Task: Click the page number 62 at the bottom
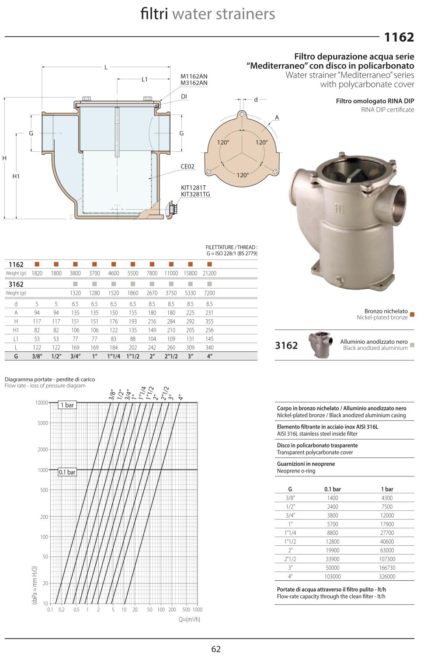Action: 216,649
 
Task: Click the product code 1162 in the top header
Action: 399,37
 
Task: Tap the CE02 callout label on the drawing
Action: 187,167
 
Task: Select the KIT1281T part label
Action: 193,188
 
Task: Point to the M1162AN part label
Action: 194,76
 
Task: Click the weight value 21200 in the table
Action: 209,273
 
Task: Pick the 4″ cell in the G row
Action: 209,356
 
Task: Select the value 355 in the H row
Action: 209,321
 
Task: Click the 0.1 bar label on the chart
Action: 67,472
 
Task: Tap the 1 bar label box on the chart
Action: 67,405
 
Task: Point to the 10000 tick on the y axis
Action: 41,403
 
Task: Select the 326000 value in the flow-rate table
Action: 387,576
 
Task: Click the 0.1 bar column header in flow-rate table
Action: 332,489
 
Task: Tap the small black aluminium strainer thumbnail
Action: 319,345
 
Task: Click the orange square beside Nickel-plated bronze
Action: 412,314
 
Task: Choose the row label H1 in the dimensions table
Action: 16,330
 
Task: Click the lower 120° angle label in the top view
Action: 243,175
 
